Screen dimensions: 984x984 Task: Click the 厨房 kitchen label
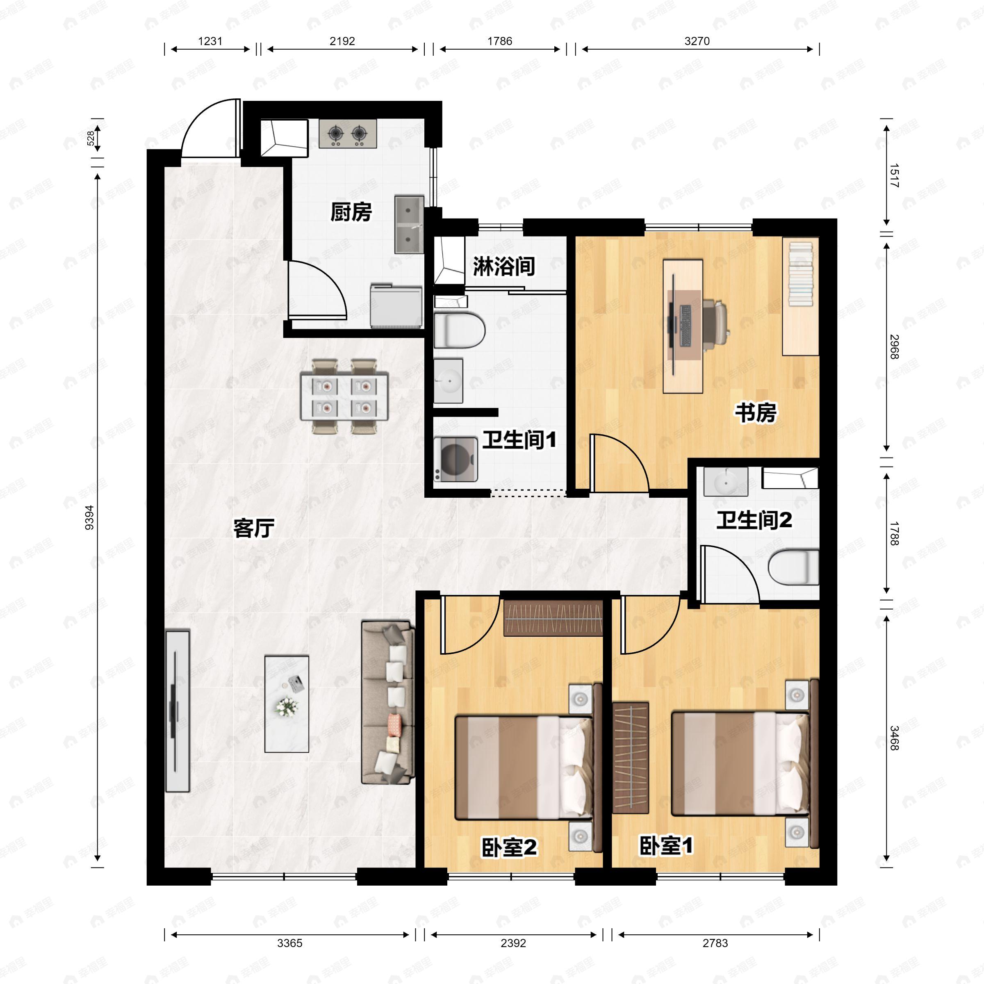tap(351, 212)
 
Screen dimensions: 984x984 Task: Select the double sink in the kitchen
tap(409, 224)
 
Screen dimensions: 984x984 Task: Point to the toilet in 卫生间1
tap(459, 330)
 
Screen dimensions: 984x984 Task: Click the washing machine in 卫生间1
tap(456, 459)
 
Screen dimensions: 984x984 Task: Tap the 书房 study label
tap(755, 412)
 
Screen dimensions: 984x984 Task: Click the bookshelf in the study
tap(801, 296)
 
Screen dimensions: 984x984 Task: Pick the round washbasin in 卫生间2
tap(725, 481)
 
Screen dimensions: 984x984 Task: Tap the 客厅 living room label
tap(254, 528)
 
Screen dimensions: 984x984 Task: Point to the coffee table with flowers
tap(287, 704)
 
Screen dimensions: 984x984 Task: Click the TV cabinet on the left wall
tap(177, 711)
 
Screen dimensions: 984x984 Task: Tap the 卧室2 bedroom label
tap(508, 847)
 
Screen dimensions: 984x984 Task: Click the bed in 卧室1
tap(740, 764)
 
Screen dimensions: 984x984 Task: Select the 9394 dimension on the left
tap(90, 517)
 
